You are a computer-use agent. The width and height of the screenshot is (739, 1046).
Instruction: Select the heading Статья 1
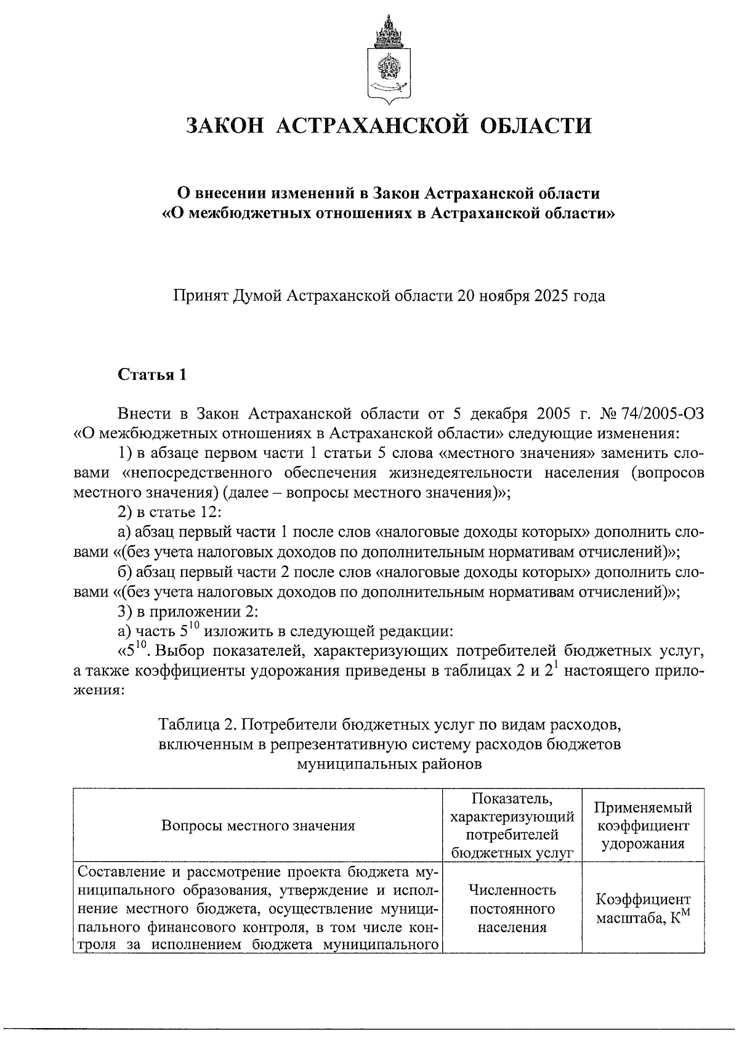(x=152, y=375)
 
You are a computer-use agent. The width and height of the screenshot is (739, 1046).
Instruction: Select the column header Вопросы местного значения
(x=258, y=825)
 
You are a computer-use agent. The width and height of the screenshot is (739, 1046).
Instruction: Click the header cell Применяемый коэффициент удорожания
(x=642, y=825)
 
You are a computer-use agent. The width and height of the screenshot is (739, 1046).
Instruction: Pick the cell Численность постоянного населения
(x=512, y=907)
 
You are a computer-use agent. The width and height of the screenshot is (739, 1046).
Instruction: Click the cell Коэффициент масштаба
(x=642, y=907)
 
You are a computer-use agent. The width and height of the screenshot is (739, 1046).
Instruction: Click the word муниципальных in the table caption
(x=355, y=764)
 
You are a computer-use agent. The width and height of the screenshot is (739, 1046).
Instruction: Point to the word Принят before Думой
(x=199, y=296)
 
